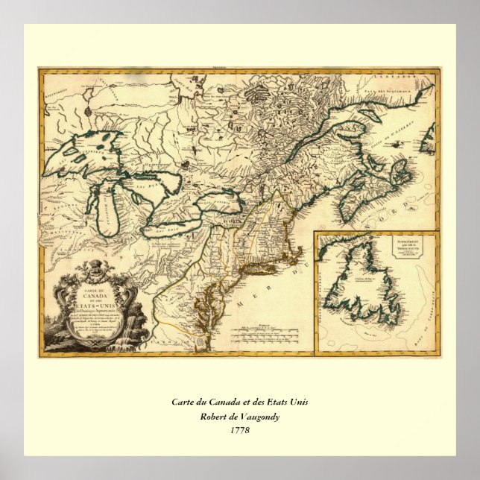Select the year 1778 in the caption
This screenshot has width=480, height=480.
click(x=239, y=430)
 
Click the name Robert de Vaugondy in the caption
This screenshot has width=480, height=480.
click(x=239, y=416)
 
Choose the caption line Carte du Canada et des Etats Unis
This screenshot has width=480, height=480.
click(x=239, y=402)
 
